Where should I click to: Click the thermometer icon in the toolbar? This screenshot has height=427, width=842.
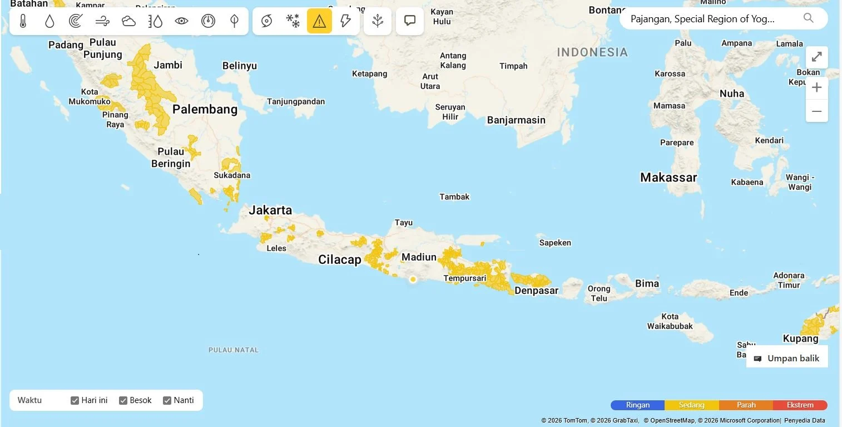[23, 21]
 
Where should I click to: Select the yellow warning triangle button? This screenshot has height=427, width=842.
[319, 21]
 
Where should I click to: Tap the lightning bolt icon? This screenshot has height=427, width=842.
[345, 21]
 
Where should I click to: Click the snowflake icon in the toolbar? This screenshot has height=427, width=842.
[293, 21]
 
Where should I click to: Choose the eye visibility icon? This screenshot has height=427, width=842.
[181, 21]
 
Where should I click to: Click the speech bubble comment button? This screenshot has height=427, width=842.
[410, 21]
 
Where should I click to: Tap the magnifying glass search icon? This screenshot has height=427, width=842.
[809, 18]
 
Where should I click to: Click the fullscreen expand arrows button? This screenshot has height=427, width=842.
[816, 57]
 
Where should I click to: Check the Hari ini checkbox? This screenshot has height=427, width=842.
[75, 400]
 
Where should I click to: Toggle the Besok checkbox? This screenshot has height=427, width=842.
[123, 400]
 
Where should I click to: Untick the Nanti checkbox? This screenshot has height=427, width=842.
[167, 400]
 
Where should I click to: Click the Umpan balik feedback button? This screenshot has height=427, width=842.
[787, 359]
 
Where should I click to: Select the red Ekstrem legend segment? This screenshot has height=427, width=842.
[800, 405]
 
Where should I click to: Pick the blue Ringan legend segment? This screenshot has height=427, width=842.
[637, 405]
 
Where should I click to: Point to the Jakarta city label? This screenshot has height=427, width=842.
[270, 210]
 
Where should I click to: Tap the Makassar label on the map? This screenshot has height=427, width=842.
[668, 178]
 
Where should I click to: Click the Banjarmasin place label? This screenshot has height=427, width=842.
[516, 120]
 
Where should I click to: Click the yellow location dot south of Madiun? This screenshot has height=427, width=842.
[413, 279]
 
